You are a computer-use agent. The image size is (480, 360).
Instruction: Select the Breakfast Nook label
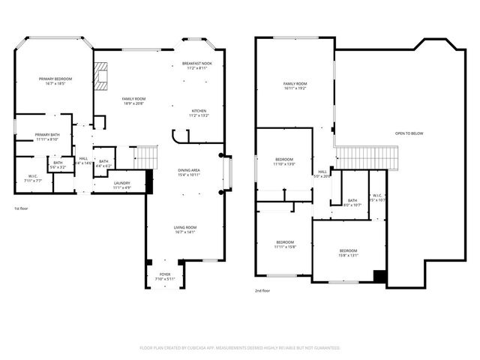click(x=197, y=66)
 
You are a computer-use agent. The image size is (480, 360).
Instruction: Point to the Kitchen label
click(x=198, y=113)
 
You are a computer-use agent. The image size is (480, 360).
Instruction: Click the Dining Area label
click(x=188, y=173)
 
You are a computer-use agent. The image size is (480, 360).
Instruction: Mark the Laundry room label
click(x=122, y=184)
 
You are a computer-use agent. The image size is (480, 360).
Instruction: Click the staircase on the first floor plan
click(x=146, y=157)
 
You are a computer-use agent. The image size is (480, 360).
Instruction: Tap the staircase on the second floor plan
click(x=365, y=158)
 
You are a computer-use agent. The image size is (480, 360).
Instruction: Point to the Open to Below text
click(x=409, y=133)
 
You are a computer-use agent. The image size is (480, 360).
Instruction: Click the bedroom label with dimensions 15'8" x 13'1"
click(x=348, y=253)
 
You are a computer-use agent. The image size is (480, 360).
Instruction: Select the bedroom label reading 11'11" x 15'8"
click(x=284, y=244)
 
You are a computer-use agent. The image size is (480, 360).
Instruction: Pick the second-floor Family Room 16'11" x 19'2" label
click(x=295, y=85)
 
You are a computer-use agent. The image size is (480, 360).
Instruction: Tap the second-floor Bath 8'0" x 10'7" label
click(x=351, y=202)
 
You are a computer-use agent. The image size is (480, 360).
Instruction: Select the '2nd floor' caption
click(x=262, y=290)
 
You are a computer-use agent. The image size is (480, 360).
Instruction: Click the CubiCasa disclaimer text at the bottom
click(x=240, y=348)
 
